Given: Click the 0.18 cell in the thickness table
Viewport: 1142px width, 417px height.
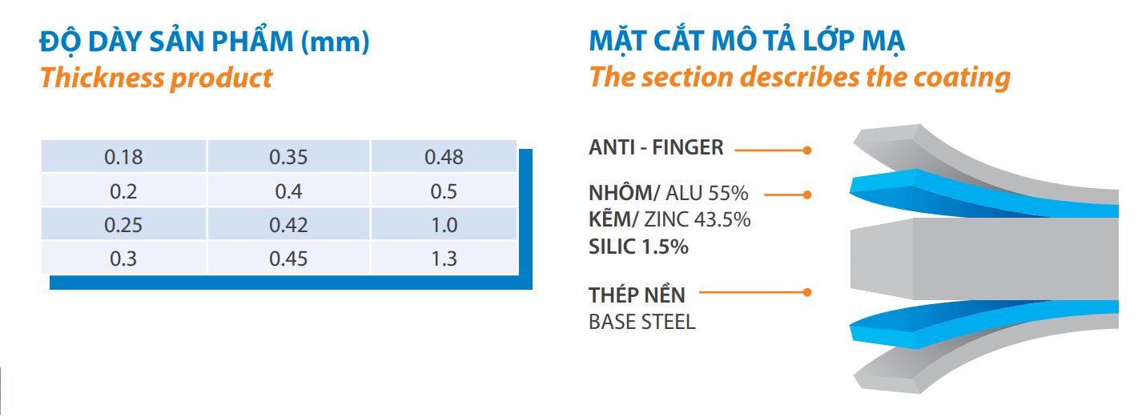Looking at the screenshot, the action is (123, 157).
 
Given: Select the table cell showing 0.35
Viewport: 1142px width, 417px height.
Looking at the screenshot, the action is (288, 157).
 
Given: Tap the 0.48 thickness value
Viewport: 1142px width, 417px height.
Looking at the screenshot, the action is (444, 157).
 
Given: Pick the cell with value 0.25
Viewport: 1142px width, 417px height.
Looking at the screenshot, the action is (123, 225).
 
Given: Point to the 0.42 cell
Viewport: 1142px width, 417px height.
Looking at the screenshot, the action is (288, 225).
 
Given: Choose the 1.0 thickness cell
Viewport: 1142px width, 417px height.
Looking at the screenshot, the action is (444, 225).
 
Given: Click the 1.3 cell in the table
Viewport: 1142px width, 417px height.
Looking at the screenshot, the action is (444, 259).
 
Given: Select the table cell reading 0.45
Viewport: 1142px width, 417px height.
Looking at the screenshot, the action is (288, 259).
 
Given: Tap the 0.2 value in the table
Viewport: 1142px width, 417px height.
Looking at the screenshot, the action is (123, 191).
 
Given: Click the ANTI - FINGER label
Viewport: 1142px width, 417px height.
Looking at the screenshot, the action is (656, 147).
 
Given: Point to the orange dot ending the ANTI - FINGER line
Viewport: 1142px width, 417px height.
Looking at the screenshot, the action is (807, 150).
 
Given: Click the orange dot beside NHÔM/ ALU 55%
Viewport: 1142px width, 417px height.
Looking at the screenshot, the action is (807, 194).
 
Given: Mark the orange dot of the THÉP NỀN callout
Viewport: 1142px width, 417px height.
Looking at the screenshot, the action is (807, 292).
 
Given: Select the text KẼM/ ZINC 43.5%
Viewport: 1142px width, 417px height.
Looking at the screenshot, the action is (670, 220).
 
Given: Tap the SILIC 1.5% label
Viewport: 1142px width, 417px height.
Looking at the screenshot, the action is (638, 247).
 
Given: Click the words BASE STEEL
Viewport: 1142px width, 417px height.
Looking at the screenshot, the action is (641, 322).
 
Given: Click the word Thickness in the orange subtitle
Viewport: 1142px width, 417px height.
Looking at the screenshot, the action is (102, 78).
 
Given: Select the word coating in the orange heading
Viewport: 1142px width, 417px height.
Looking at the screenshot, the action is (962, 78).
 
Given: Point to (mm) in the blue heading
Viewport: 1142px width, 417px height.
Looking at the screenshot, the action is (335, 42).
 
